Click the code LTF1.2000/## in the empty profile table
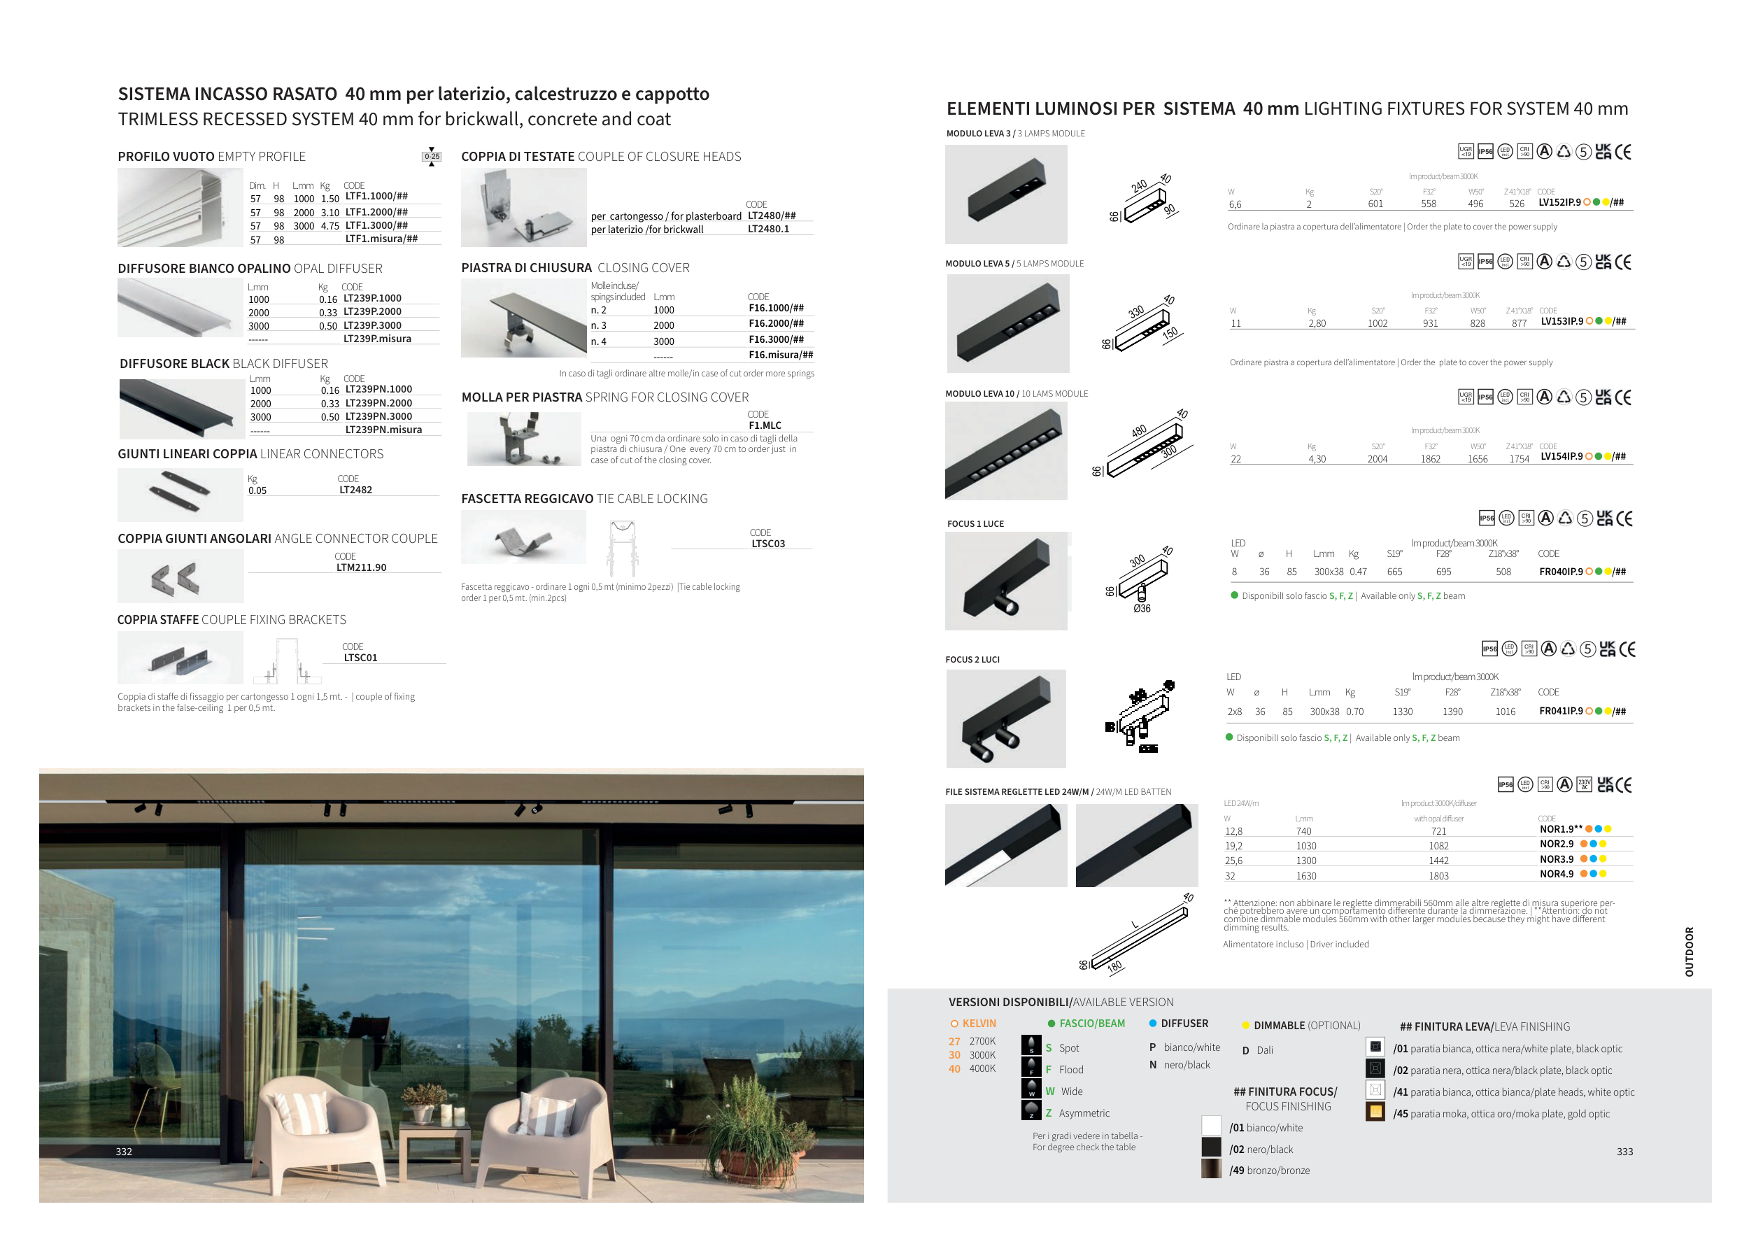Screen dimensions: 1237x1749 point(376,213)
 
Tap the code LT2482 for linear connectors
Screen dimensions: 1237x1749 point(355,490)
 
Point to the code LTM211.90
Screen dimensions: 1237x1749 point(361,567)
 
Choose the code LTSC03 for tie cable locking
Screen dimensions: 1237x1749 point(768,544)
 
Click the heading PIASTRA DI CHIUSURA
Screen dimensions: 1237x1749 point(526,268)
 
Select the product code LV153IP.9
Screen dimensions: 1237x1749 point(1562,321)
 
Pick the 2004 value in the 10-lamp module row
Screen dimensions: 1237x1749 point(1378,459)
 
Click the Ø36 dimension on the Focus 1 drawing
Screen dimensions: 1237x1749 point(1142,609)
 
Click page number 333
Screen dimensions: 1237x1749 point(1625,1152)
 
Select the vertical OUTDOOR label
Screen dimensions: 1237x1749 point(1689,952)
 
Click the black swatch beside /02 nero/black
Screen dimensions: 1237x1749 point(1211,1147)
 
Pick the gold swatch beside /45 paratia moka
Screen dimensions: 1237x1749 point(1375,1112)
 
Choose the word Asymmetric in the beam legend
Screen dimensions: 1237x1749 point(1084,1114)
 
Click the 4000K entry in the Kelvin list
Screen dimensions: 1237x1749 point(982,1068)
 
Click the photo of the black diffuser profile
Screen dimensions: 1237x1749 point(181,409)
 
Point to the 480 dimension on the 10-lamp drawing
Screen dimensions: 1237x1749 point(1139,431)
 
